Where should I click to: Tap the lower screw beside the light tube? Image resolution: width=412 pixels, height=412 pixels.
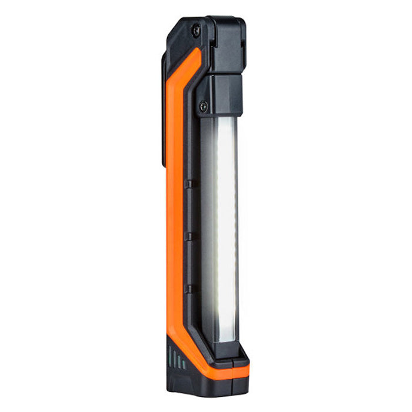[203, 107]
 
